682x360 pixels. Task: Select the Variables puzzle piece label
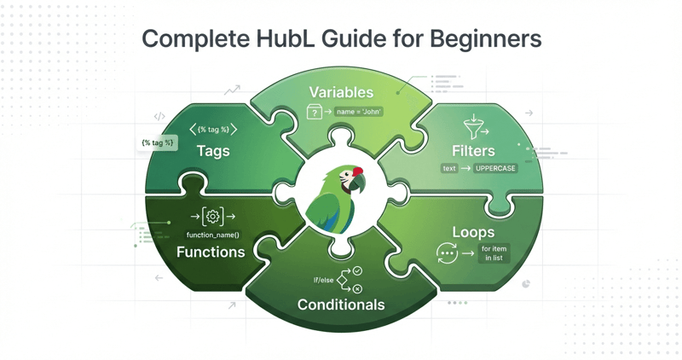[x=341, y=92]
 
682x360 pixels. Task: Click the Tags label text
[x=213, y=151]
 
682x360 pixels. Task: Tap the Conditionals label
[x=341, y=305]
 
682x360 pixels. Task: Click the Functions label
[x=211, y=252]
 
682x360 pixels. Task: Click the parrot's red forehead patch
[x=358, y=171]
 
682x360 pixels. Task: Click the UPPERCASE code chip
[x=495, y=169]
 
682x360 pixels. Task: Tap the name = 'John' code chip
[x=359, y=112]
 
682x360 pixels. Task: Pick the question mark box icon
[x=315, y=112]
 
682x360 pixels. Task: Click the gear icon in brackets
[x=213, y=217]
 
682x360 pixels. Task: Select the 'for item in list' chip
[x=494, y=253]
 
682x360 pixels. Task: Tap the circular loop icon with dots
[x=447, y=253]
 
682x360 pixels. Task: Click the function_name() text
[x=213, y=235]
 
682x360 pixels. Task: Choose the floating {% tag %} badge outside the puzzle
[x=159, y=142]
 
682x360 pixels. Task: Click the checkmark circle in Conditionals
[x=357, y=270]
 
